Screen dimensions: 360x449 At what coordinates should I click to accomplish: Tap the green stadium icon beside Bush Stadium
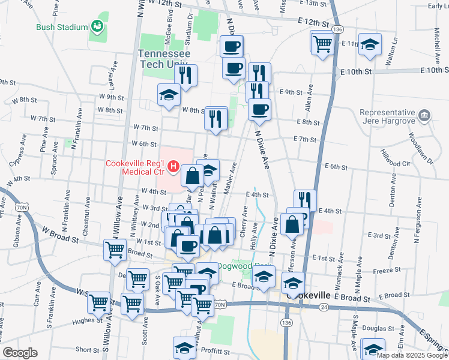96,26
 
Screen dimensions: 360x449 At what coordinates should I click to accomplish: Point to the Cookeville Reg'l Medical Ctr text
136,169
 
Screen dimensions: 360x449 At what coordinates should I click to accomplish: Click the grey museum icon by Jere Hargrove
424,114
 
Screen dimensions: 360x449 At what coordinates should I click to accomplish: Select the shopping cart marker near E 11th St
322,43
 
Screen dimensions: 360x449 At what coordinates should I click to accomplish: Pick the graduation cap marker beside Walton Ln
370,44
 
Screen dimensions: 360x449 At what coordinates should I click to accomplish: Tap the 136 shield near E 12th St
339,29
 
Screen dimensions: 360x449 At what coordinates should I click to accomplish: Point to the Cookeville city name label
309,296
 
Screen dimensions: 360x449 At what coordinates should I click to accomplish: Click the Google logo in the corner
20,353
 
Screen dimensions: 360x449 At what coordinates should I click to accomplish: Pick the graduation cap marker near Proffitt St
184,347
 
